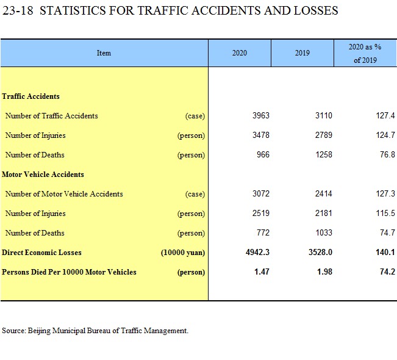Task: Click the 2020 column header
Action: tap(239, 53)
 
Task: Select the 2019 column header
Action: tap(302, 53)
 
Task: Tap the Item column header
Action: tap(104, 53)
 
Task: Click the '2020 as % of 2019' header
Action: tap(365, 54)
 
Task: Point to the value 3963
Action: tap(261, 116)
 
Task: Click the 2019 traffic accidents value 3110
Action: tap(324, 116)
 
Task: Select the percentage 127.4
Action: tap(385, 116)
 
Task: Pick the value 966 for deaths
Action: tap(263, 154)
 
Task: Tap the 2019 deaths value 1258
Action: tap(324, 154)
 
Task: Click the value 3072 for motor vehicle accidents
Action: tap(261, 194)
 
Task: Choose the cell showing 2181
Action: tap(324, 214)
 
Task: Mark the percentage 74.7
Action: tap(387, 233)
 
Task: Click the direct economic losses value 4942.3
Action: tap(257, 253)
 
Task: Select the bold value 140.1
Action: tap(385, 253)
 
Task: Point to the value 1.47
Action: tap(262, 272)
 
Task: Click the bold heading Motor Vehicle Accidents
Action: tap(43, 175)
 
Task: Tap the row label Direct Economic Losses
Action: tap(41, 253)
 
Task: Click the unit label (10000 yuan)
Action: tap(183, 253)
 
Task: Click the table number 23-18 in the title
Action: tap(18, 10)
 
